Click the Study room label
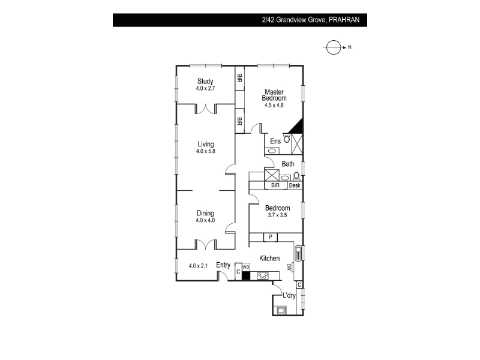point(205,81)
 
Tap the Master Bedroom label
point(274,95)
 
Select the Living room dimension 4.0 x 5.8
point(205,151)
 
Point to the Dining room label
point(205,213)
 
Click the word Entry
point(223,265)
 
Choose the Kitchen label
point(269,258)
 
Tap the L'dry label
point(289,295)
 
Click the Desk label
point(295,185)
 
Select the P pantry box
point(271,237)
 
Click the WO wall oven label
point(246,267)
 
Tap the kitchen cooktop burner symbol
point(263,276)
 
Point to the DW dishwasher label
point(289,267)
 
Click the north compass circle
point(334,47)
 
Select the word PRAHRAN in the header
point(344,20)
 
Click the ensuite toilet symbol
point(286,139)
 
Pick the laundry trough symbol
point(281,310)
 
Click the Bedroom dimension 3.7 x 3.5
point(277,215)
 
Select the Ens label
point(275,141)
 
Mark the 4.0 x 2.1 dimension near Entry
point(198,266)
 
